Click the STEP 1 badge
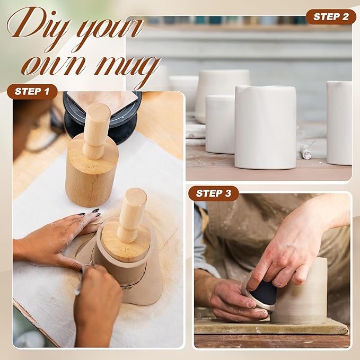(32, 91)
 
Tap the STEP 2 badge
(330, 17)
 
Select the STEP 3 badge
(213, 193)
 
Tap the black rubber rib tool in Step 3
(263, 292)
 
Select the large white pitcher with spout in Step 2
(265, 127)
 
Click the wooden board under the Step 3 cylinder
(270, 328)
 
